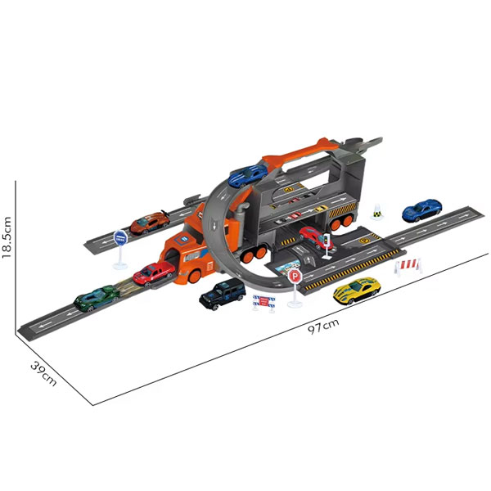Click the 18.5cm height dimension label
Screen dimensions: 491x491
[x=7, y=237]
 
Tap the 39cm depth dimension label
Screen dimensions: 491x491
[x=44, y=374]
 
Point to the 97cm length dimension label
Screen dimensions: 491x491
[x=323, y=327]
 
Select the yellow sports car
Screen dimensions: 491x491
[x=357, y=291]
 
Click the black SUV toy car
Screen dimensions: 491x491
[x=223, y=294]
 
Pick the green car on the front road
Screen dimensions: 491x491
[x=97, y=298]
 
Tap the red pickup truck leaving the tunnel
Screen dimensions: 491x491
[x=154, y=273]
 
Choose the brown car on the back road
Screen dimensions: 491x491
[x=150, y=223]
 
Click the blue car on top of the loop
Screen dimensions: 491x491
[x=248, y=175]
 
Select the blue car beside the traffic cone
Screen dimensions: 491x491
[x=421, y=209]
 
